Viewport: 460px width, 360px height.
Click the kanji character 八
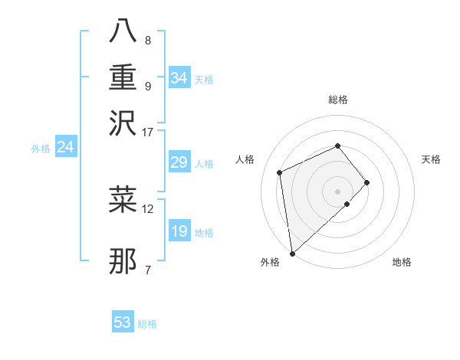123,32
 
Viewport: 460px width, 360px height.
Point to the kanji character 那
123,261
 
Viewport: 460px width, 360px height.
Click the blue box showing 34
179,78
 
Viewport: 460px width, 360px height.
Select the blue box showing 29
179,162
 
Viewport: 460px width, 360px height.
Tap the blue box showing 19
179,231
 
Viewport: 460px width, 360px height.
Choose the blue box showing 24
65,147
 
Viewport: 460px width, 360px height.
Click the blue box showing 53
123,322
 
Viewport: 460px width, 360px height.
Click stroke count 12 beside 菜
148,208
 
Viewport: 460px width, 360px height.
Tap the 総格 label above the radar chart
337,100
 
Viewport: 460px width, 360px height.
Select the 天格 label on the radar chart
431,159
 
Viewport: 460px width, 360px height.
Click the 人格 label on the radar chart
245,159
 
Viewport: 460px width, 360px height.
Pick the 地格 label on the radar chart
402,262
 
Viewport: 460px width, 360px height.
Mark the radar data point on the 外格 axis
292,254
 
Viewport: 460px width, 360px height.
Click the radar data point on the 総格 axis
337,146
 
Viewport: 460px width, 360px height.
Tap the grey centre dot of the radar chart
337,190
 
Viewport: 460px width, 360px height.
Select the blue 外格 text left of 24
41,149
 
